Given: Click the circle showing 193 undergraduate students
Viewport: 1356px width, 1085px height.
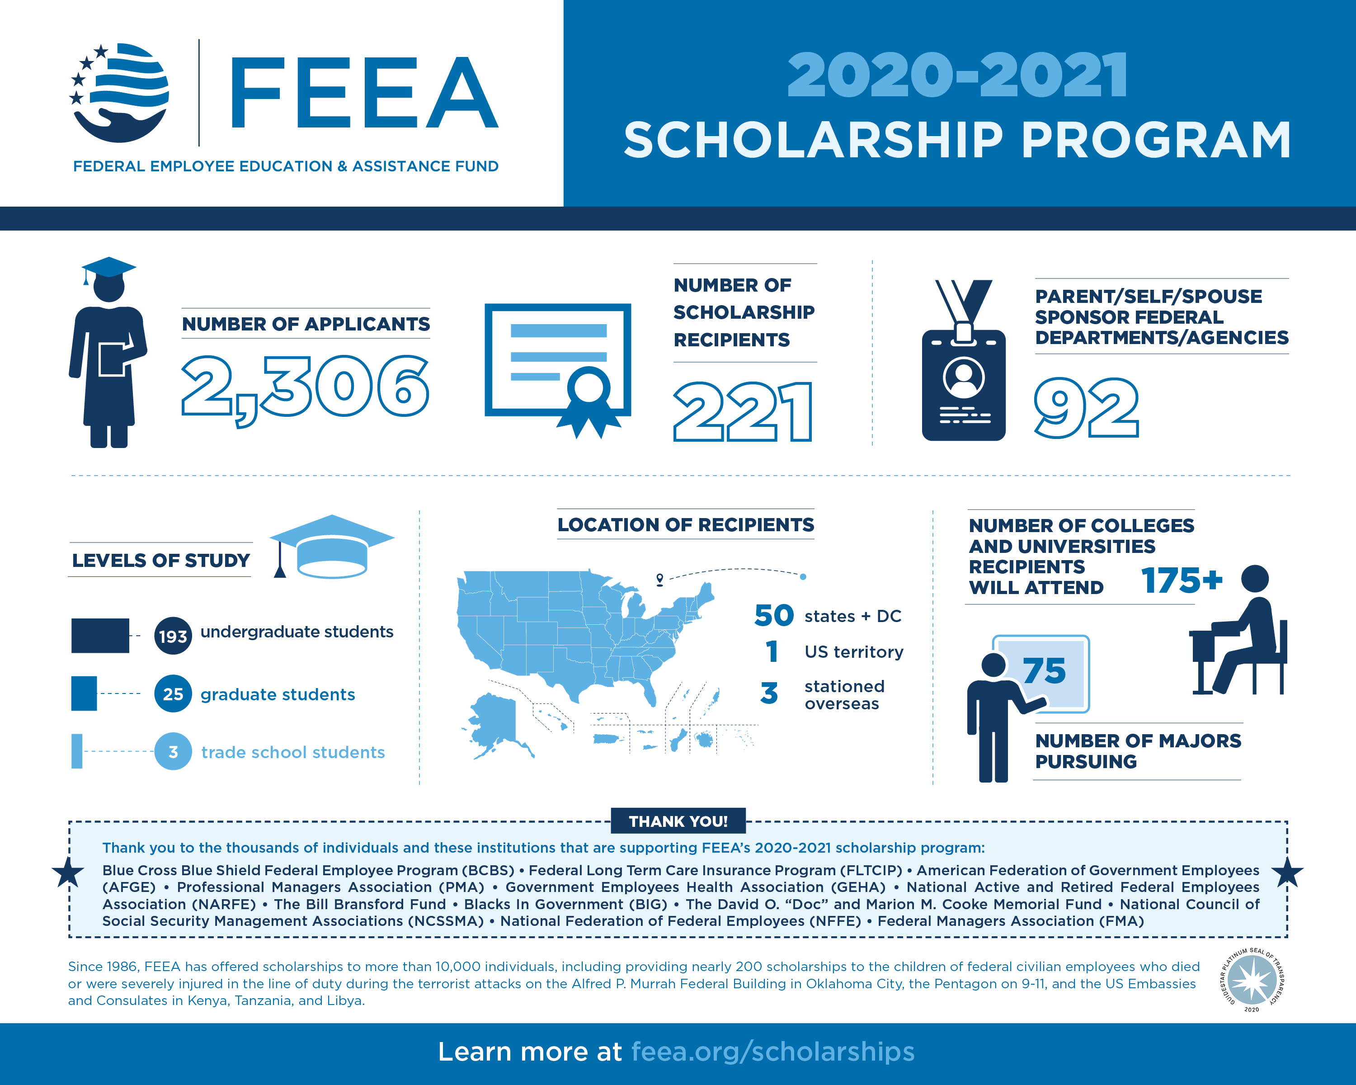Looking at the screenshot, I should [x=173, y=636].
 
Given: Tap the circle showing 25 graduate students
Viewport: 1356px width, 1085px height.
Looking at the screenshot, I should [x=173, y=694].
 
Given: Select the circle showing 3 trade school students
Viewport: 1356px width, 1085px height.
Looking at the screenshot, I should [x=173, y=752].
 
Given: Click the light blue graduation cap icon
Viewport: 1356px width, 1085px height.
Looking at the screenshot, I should [x=331, y=546].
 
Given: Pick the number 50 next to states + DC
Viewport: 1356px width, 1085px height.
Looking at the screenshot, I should [x=774, y=615].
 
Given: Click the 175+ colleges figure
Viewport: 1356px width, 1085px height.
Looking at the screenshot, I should [x=1181, y=580].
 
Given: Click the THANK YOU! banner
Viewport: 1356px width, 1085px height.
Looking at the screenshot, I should [x=678, y=821].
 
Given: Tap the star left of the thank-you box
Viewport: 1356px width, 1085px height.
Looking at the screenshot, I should [x=68, y=873].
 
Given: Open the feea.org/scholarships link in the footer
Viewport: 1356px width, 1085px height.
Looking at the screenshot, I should [x=772, y=1052].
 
